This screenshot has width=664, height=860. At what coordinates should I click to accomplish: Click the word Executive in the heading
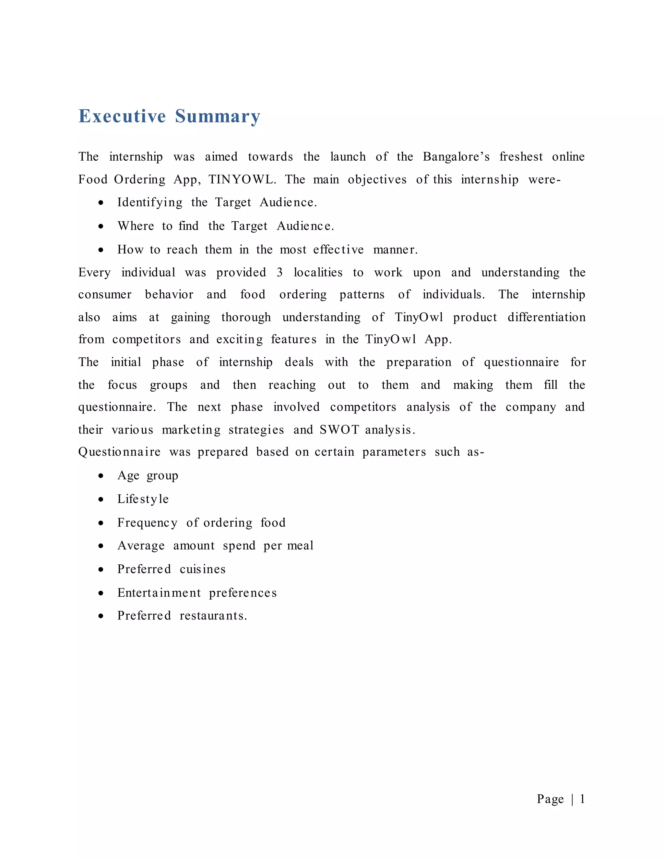[122, 116]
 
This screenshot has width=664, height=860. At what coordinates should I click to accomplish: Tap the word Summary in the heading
[218, 116]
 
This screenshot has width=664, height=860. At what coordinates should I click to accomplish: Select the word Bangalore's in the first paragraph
[456, 157]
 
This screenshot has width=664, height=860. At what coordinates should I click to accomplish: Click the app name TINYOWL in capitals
[242, 179]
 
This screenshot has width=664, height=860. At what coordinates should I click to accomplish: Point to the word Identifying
[149, 203]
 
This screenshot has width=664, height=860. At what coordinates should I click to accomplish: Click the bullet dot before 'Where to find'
[101, 227]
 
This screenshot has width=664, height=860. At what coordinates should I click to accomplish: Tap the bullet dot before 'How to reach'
[101, 250]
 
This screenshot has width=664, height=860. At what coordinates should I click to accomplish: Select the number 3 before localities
[279, 273]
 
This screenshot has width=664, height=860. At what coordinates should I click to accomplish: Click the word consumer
[105, 295]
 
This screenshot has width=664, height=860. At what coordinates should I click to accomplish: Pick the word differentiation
[546, 317]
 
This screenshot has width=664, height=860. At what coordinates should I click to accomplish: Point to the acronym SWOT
[339, 430]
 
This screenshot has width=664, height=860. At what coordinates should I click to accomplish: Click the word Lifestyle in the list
[143, 499]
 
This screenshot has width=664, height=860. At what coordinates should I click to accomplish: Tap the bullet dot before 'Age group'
[101, 476]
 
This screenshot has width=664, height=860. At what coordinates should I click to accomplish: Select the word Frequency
[147, 523]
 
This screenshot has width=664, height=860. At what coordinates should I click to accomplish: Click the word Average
[141, 546]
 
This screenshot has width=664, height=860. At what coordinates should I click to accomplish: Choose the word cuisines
[203, 570]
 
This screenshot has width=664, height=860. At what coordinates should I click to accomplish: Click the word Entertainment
[159, 593]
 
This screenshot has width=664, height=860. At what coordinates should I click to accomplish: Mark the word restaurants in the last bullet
[213, 616]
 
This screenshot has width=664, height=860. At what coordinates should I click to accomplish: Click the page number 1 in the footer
[582, 799]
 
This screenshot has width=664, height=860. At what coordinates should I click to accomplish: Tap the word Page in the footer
[550, 799]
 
